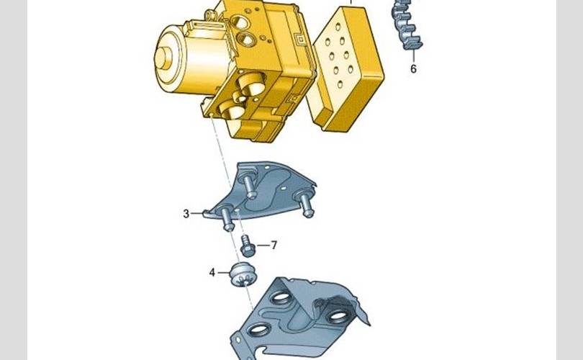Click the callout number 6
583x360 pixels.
[413, 69]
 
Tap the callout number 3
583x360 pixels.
[186, 214]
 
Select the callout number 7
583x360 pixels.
[274, 246]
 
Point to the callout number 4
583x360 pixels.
[212, 273]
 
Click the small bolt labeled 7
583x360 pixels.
[248, 246]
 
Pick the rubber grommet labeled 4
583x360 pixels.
[243, 275]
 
